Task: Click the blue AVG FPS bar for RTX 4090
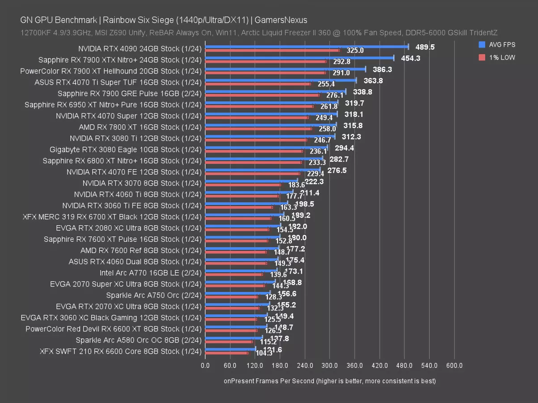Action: (x=307, y=46)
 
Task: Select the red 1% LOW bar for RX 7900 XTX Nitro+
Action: (x=266, y=61)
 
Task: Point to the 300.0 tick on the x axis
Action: (x=329, y=366)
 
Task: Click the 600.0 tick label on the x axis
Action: (x=454, y=366)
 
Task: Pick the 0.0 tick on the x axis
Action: (x=205, y=366)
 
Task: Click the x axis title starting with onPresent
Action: (x=329, y=381)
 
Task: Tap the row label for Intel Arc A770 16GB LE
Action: (x=151, y=273)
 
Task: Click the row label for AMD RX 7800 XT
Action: (x=141, y=127)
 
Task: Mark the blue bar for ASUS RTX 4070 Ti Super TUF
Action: (x=281, y=80)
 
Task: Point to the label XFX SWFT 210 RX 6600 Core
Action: (x=120, y=351)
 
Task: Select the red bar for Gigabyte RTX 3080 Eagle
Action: (x=254, y=151)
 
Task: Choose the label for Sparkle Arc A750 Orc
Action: (x=154, y=295)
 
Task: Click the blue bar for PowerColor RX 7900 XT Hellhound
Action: (x=285, y=69)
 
